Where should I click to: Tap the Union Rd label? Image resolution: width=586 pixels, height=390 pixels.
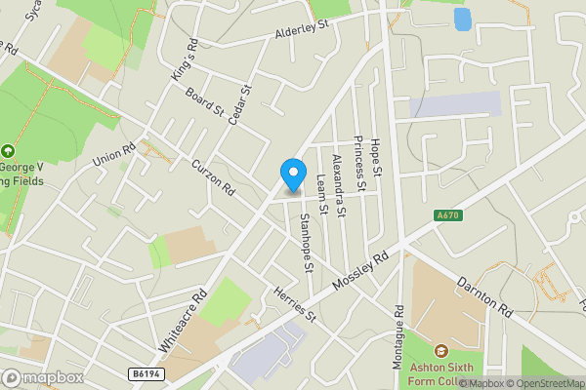(x=112, y=153)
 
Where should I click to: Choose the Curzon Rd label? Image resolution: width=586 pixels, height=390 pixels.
(x=214, y=176)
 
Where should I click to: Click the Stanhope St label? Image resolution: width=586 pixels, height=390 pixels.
(x=306, y=242)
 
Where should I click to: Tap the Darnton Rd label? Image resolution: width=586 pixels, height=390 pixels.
(x=483, y=292)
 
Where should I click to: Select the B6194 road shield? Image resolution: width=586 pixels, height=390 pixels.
(x=146, y=372)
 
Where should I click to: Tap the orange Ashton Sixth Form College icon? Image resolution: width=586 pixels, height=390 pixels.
(x=440, y=350)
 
